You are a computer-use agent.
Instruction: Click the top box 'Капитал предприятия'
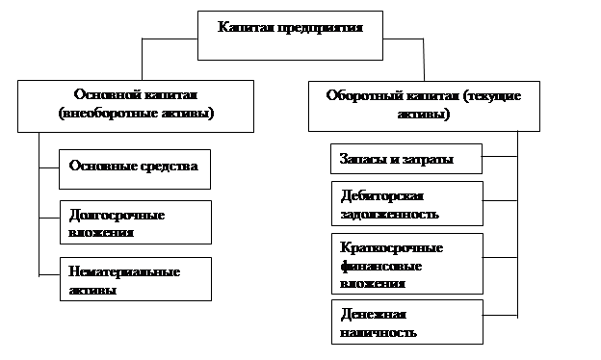click(x=290, y=36)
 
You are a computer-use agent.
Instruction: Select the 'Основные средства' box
click(x=135, y=169)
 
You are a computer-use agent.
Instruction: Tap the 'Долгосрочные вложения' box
click(x=136, y=222)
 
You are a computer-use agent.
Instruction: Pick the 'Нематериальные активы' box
click(x=136, y=279)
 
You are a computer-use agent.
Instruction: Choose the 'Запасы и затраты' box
click(x=406, y=159)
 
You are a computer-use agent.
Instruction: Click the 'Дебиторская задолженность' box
click(x=407, y=204)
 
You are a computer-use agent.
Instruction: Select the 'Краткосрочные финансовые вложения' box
click(x=407, y=264)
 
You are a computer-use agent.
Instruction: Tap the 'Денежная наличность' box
click(x=407, y=322)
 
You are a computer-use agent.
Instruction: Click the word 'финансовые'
click(x=381, y=266)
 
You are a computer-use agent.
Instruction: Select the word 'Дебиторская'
click(x=382, y=195)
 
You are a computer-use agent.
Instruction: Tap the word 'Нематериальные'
click(x=124, y=271)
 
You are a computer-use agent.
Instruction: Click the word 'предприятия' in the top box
click(x=320, y=28)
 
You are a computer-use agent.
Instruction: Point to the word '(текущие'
click(x=492, y=95)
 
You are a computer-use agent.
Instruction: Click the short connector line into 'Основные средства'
click(x=49, y=167)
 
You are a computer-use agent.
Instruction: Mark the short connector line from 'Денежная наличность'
click(x=500, y=315)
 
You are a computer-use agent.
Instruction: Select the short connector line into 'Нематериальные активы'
click(x=49, y=274)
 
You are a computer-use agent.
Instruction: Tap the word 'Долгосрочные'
click(x=117, y=216)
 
